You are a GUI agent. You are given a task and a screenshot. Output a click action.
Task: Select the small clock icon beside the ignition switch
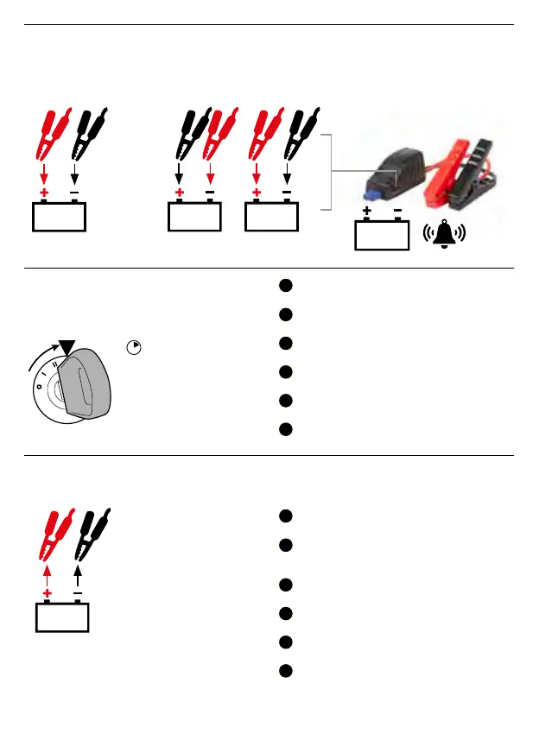[134, 347]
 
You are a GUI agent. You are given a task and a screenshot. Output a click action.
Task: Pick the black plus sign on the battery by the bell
[367, 210]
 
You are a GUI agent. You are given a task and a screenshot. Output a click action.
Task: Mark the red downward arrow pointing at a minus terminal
[211, 173]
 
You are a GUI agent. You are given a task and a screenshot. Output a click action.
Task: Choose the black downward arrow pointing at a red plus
[180, 173]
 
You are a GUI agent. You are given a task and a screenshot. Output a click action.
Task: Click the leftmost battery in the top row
[59, 217]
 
